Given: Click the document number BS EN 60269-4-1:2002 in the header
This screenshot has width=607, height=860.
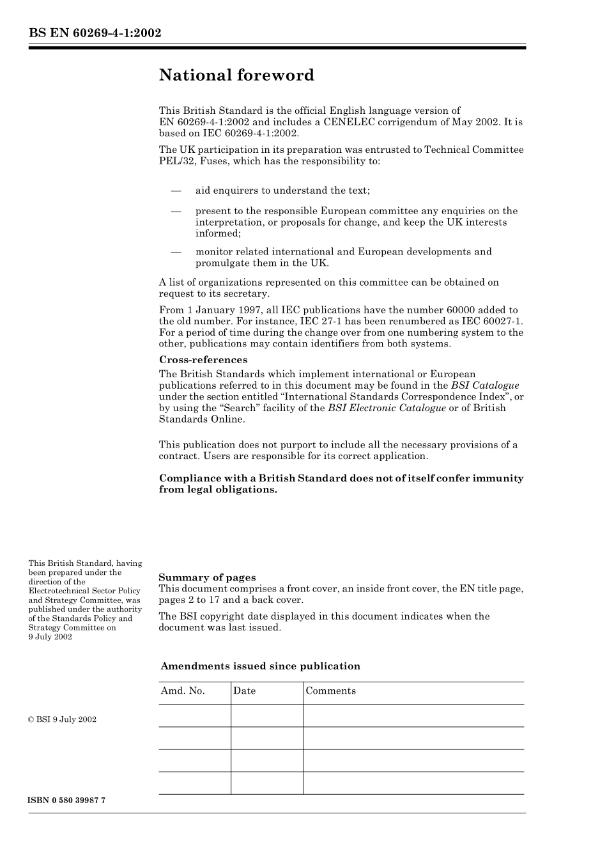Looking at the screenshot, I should (x=95, y=33).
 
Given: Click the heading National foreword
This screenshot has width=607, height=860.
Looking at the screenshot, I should (x=236, y=75).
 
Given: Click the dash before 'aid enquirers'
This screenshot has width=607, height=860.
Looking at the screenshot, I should (x=176, y=191).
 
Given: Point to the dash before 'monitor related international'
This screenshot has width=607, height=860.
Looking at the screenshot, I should (x=176, y=252).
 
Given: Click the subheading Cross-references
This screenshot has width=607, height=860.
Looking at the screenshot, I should (x=203, y=360).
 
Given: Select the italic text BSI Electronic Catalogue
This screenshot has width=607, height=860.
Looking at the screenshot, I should (x=387, y=408).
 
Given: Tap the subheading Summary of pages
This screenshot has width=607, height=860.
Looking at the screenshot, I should (x=207, y=577).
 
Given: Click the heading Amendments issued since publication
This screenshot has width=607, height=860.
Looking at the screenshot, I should (x=260, y=666).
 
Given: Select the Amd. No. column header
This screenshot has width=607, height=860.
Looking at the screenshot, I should (x=183, y=691).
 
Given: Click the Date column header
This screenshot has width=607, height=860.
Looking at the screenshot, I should (x=245, y=691).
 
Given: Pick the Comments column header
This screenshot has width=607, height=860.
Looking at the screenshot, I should (x=331, y=691).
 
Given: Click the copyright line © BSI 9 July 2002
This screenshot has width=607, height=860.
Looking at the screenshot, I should (x=63, y=719).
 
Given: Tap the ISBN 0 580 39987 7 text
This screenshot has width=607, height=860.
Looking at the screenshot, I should (x=67, y=801).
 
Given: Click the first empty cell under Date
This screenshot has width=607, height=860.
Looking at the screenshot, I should (x=267, y=715).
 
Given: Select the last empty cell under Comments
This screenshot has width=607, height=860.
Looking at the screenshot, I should (x=413, y=783).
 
